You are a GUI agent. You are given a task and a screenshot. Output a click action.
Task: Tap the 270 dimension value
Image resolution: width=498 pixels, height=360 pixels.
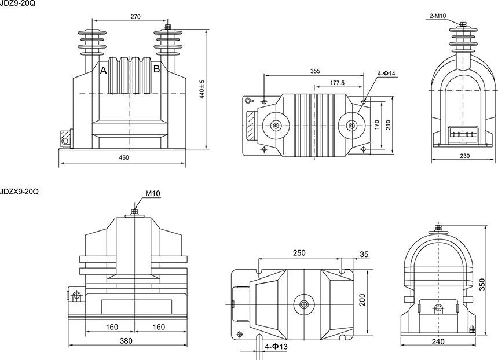point(136,17)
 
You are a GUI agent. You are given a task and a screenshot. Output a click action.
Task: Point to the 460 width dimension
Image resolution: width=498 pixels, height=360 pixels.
point(124,157)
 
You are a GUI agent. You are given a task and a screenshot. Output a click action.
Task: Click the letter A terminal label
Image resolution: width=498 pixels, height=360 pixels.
point(104,71)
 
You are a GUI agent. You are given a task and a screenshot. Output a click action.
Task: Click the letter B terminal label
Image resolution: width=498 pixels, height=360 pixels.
point(156,69)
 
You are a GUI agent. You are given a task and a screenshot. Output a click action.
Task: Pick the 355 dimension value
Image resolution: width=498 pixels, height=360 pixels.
point(315,71)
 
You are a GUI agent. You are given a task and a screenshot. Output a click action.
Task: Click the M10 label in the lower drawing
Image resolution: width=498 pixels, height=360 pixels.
point(153,193)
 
